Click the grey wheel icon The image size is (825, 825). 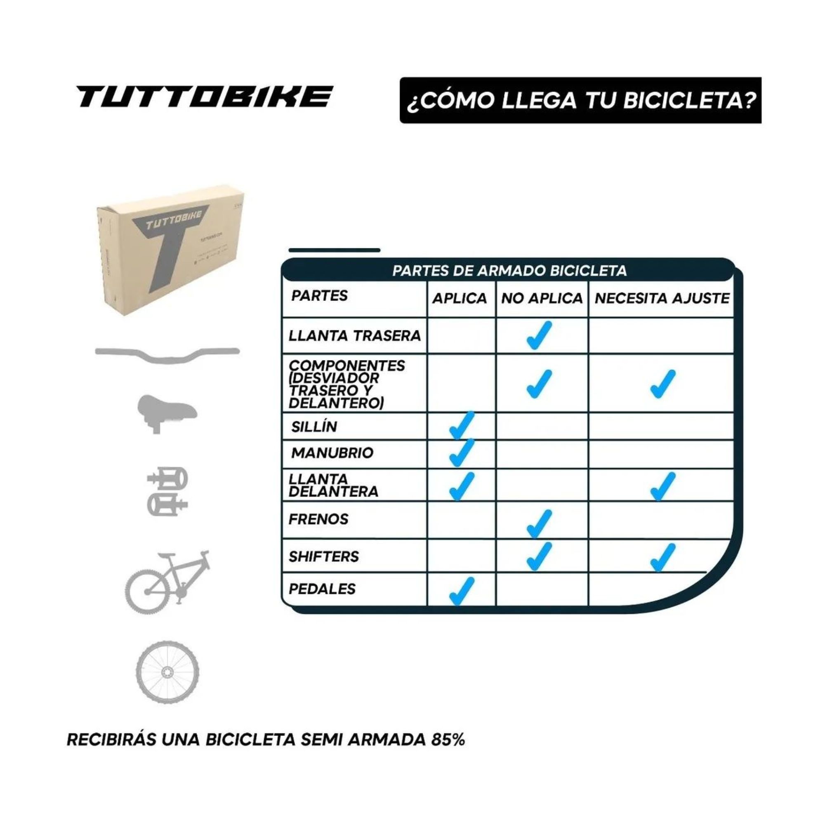tap(167, 672)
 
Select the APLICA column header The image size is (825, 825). tap(460, 298)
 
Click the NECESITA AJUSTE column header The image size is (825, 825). tap(662, 298)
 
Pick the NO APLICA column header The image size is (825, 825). tap(542, 298)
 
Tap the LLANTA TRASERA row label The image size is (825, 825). tap(354, 336)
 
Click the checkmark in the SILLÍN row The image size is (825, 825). tap(461, 425)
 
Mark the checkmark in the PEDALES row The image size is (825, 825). tap(461, 591)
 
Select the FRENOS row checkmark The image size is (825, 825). tap(539, 523)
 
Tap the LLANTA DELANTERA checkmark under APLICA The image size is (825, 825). tap(461, 486)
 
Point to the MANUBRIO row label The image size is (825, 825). tap(332, 453)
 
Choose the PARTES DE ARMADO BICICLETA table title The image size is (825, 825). tap(509, 271)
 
